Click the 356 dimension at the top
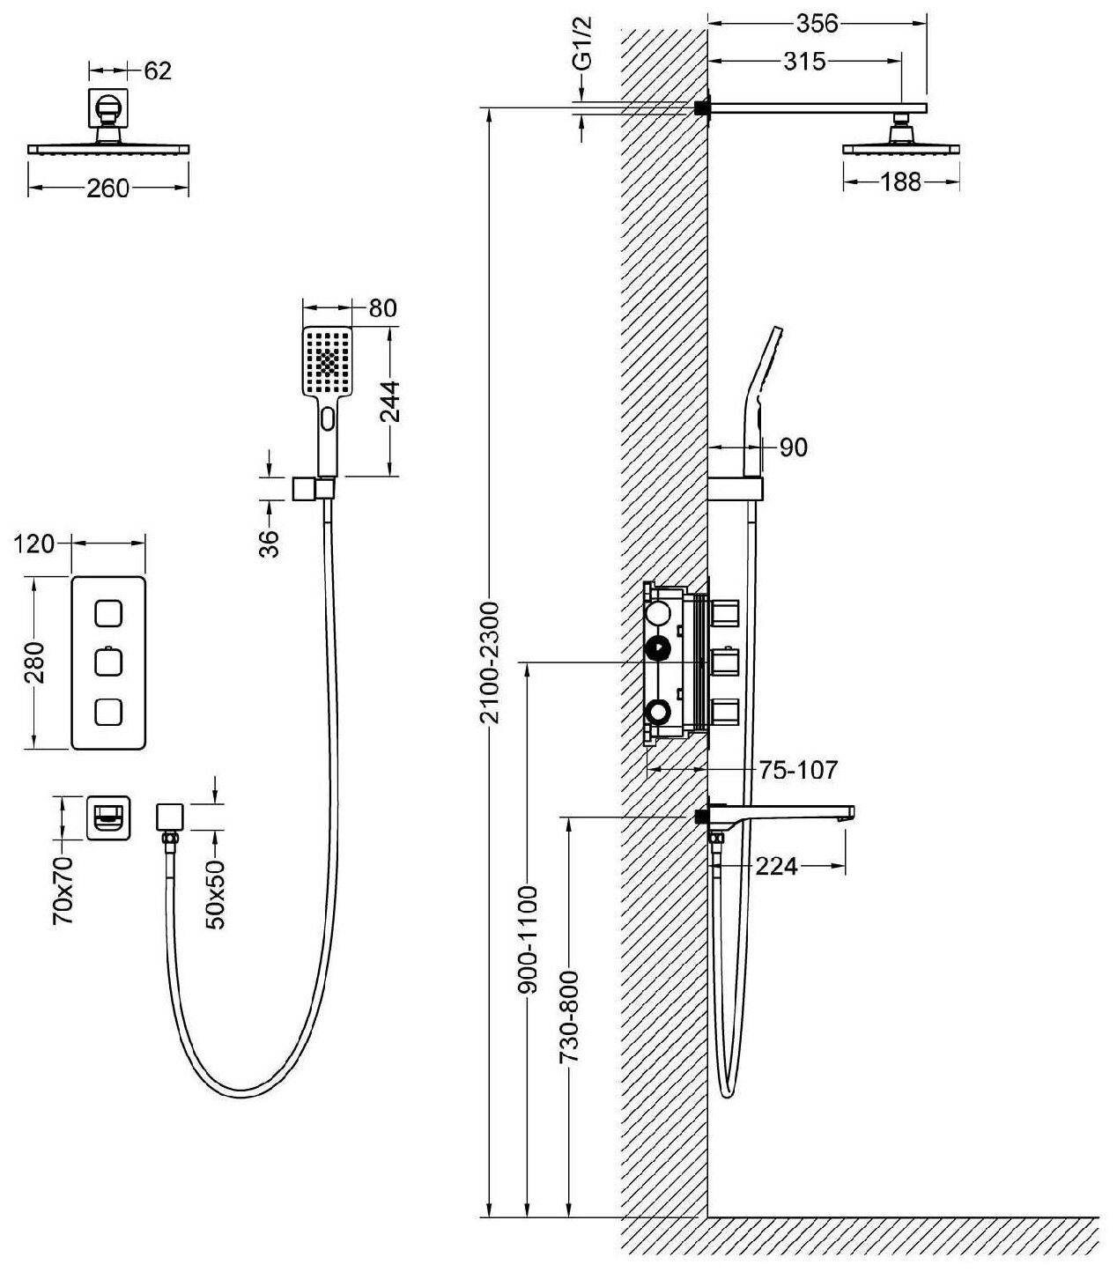pyautogui.click(x=817, y=24)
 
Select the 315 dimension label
pyautogui.click(x=803, y=61)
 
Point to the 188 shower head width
pyautogui.click(x=900, y=181)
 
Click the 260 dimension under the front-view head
pyautogui.click(x=108, y=188)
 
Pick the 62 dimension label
pyautogui.click(x=157, y=70)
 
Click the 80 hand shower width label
pyautogui.click(x=383, y=307)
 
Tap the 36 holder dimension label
pyautogui.click(x=270, y=543)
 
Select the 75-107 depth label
pyautogui.click(x=798, y=769)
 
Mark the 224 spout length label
pyautogui.click(x=776, y=867)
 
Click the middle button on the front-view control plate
pyautogui.click(x=108, y=662)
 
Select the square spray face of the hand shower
pyautogui.click(x=328, y=362)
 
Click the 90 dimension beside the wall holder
pyautogui.click(x=794, y=447)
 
